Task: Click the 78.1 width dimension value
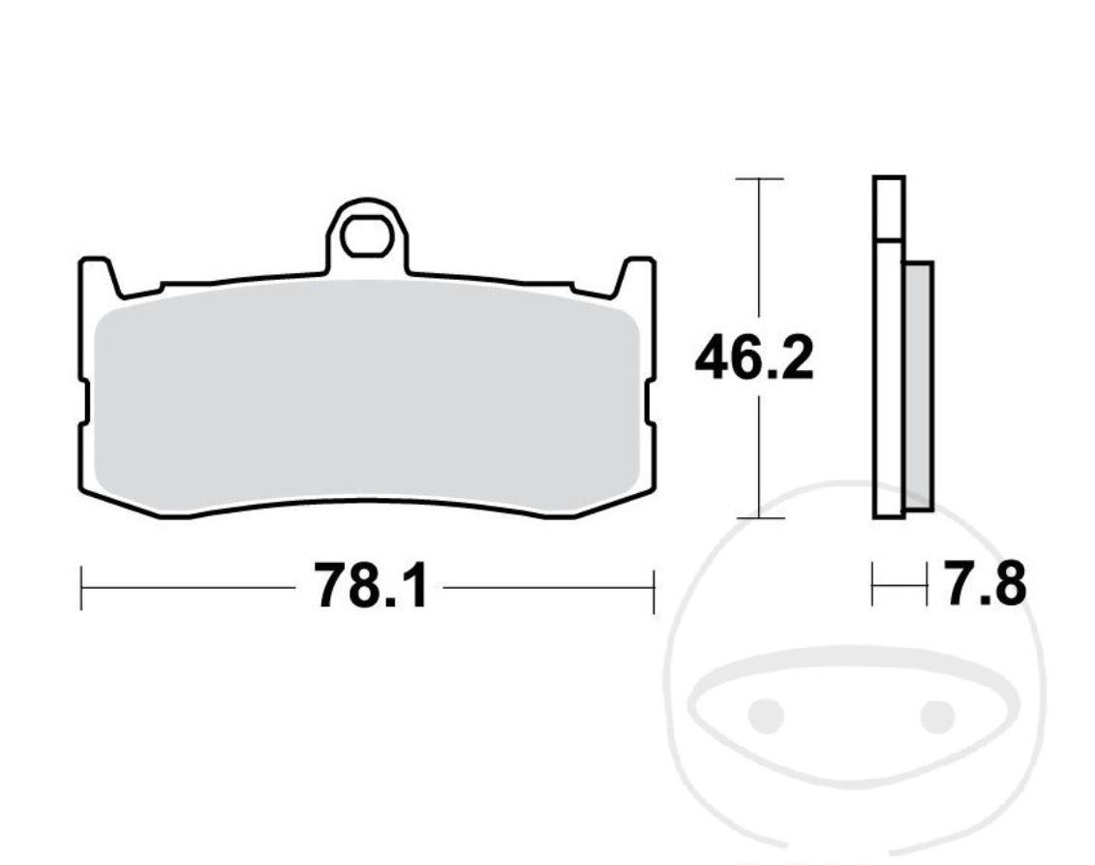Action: [369, 587]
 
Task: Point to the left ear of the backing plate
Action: [97, 276]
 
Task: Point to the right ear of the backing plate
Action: [637, 276]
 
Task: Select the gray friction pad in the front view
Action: [368, 397]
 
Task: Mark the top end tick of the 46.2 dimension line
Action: [759, 179]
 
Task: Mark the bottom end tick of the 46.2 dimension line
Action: [759, 518]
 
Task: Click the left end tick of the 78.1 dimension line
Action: [81, 588]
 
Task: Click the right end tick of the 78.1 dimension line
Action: [654, 588]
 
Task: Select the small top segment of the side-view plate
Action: [889, 207]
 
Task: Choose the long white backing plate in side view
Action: [889, 387]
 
